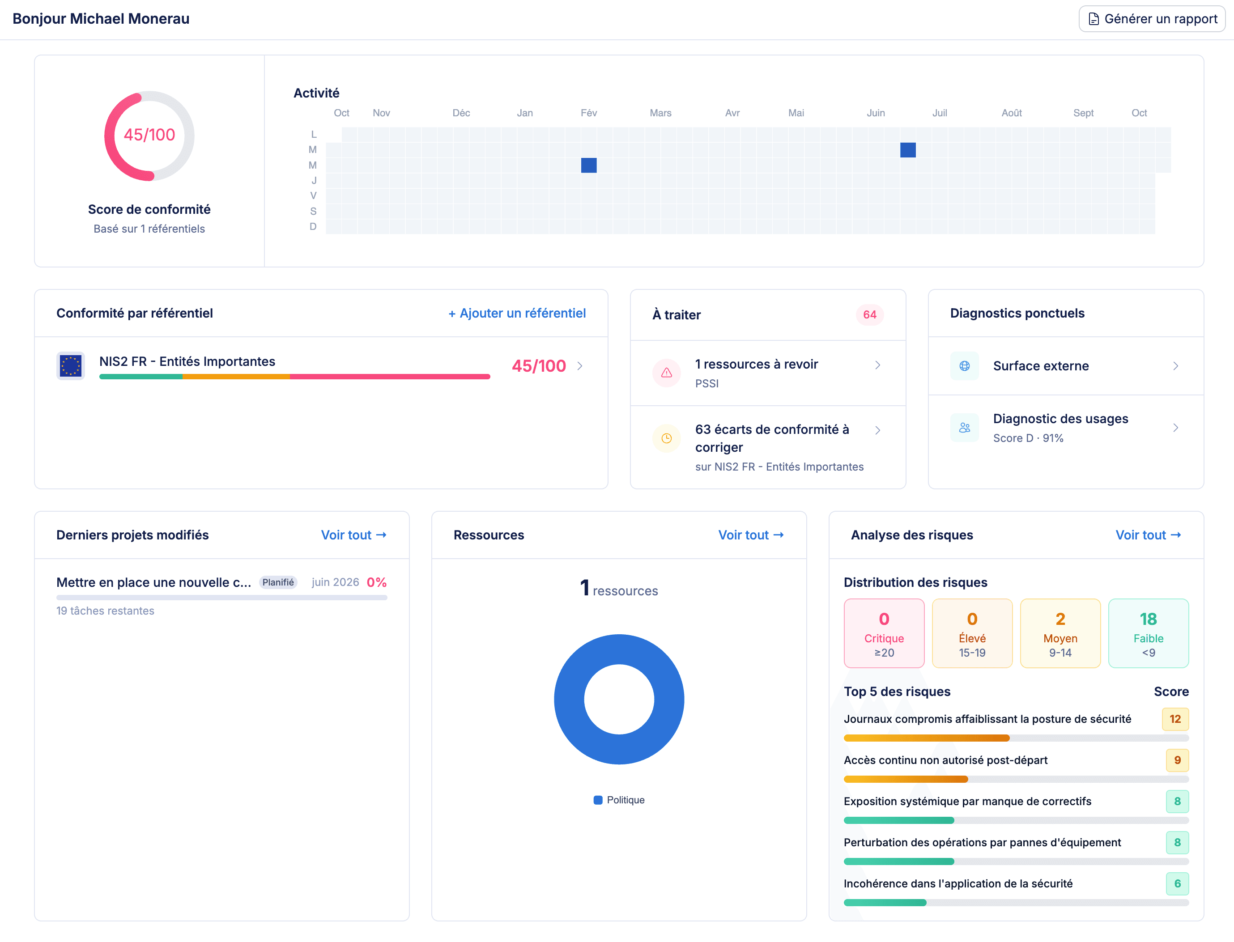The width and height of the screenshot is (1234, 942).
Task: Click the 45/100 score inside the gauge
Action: [x=149, y=135]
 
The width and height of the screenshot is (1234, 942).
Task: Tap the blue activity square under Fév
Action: [x=588, y=165]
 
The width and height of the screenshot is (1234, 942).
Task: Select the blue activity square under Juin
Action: [x=907, y=150]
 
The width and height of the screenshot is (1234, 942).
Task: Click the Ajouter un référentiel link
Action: [x=517, y=314]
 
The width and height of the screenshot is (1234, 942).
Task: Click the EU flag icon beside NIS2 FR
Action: [x=71, y=366]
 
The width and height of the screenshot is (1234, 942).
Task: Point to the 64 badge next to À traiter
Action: [x=869, y=314]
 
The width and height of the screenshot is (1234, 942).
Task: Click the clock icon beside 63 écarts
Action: [x=666, y=438]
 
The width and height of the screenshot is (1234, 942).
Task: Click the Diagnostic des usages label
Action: [x=1060, y=419]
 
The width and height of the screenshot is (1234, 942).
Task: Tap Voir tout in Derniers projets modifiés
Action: [x=353, y=535]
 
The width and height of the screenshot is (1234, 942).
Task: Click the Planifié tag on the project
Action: [x=278, y=582]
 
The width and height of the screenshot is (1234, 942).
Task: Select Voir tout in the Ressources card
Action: [x=750, y=535]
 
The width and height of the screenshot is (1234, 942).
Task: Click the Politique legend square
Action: [x=598, y=800]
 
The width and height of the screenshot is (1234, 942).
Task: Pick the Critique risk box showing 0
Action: [x=884, y=633]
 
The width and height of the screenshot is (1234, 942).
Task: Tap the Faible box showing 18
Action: [x=1148, y=633]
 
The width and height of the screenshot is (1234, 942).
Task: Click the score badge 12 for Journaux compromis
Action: [x=1175, y=719]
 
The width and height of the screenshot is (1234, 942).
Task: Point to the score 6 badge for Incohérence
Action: [x=1177, y=884]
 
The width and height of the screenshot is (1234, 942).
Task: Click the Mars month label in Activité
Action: [x=660, y=113]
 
